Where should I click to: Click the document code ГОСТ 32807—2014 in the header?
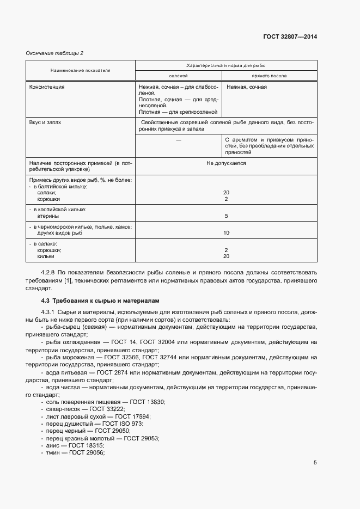[x=290, y=37]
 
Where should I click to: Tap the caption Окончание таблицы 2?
[x=55, y=53]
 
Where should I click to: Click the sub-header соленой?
[x=179, y=76]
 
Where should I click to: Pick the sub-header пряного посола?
[x=269, y=76]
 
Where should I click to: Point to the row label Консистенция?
[x=47, y=87]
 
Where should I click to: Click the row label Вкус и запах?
[x=45, y=122]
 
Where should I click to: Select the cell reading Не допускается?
[x=225, y=163]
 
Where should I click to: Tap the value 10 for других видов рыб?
[x=225, y=233]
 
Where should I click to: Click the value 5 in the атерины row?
[x=225, y=216]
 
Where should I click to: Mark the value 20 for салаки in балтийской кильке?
[x=225, y=193]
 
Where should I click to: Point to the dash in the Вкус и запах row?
[x=179, y=140]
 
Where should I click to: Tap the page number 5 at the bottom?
[x=315, y=463]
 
